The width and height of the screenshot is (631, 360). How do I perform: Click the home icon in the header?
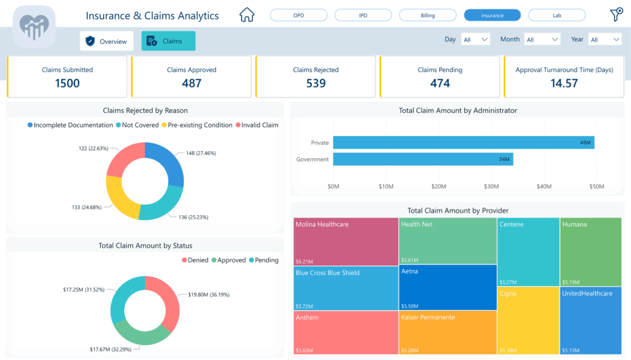tap(246, 15)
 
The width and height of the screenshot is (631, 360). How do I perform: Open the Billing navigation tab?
tap(428, 15)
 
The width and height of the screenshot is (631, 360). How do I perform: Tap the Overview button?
tap(107, 41)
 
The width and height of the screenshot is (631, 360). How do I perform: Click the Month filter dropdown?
tap(542, 39)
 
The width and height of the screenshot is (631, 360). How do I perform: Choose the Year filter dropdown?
tap(604, 39)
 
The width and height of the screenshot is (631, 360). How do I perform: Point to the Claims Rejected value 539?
tap(315, 83)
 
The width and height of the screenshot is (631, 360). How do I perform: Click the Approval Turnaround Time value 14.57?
tap(564, 83)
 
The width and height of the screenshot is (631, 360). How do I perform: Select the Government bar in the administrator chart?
tap(423, 160)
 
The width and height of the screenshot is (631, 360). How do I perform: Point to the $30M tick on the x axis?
tap(491, 186)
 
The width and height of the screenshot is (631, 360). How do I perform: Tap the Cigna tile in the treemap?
tap(528, 321)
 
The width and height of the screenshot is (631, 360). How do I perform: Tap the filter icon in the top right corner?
tap(615, 15)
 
